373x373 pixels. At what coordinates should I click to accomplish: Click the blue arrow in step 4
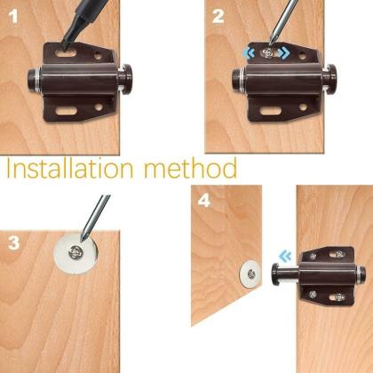pyautogui.click(x=284, y=257)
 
